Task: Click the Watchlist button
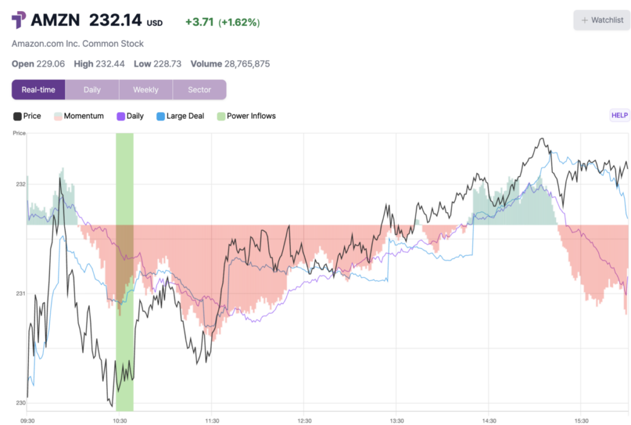point(602,20)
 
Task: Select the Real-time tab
point(38,89)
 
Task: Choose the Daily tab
point(92,89)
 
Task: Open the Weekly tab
point(145,89)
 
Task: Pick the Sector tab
point(199,89)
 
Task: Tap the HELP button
point(619,115)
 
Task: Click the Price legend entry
point(27,116)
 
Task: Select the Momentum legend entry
point(78,116)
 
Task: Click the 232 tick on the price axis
point(20,184)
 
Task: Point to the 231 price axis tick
point(20,294)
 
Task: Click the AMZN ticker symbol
point(55,20)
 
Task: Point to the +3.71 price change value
point(199,22)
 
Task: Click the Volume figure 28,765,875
point(239,64)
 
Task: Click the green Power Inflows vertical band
point(124,271)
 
